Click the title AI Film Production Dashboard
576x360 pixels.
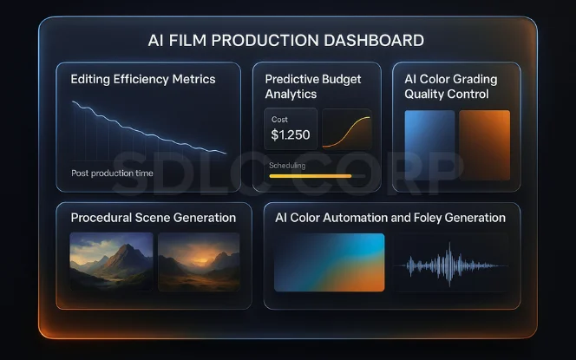287,40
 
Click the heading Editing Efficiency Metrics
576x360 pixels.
143,79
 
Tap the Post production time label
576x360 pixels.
112,173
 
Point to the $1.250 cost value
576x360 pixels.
290,135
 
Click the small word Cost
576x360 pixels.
280,120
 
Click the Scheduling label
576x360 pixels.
287,165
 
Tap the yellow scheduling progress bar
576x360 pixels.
311,176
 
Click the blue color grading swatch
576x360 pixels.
429,144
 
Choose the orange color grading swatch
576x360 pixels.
484,144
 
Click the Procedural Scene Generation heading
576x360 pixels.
153,218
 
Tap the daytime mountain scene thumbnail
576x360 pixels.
111,261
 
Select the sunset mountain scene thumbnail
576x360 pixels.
199,261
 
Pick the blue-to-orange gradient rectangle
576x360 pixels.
329,262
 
